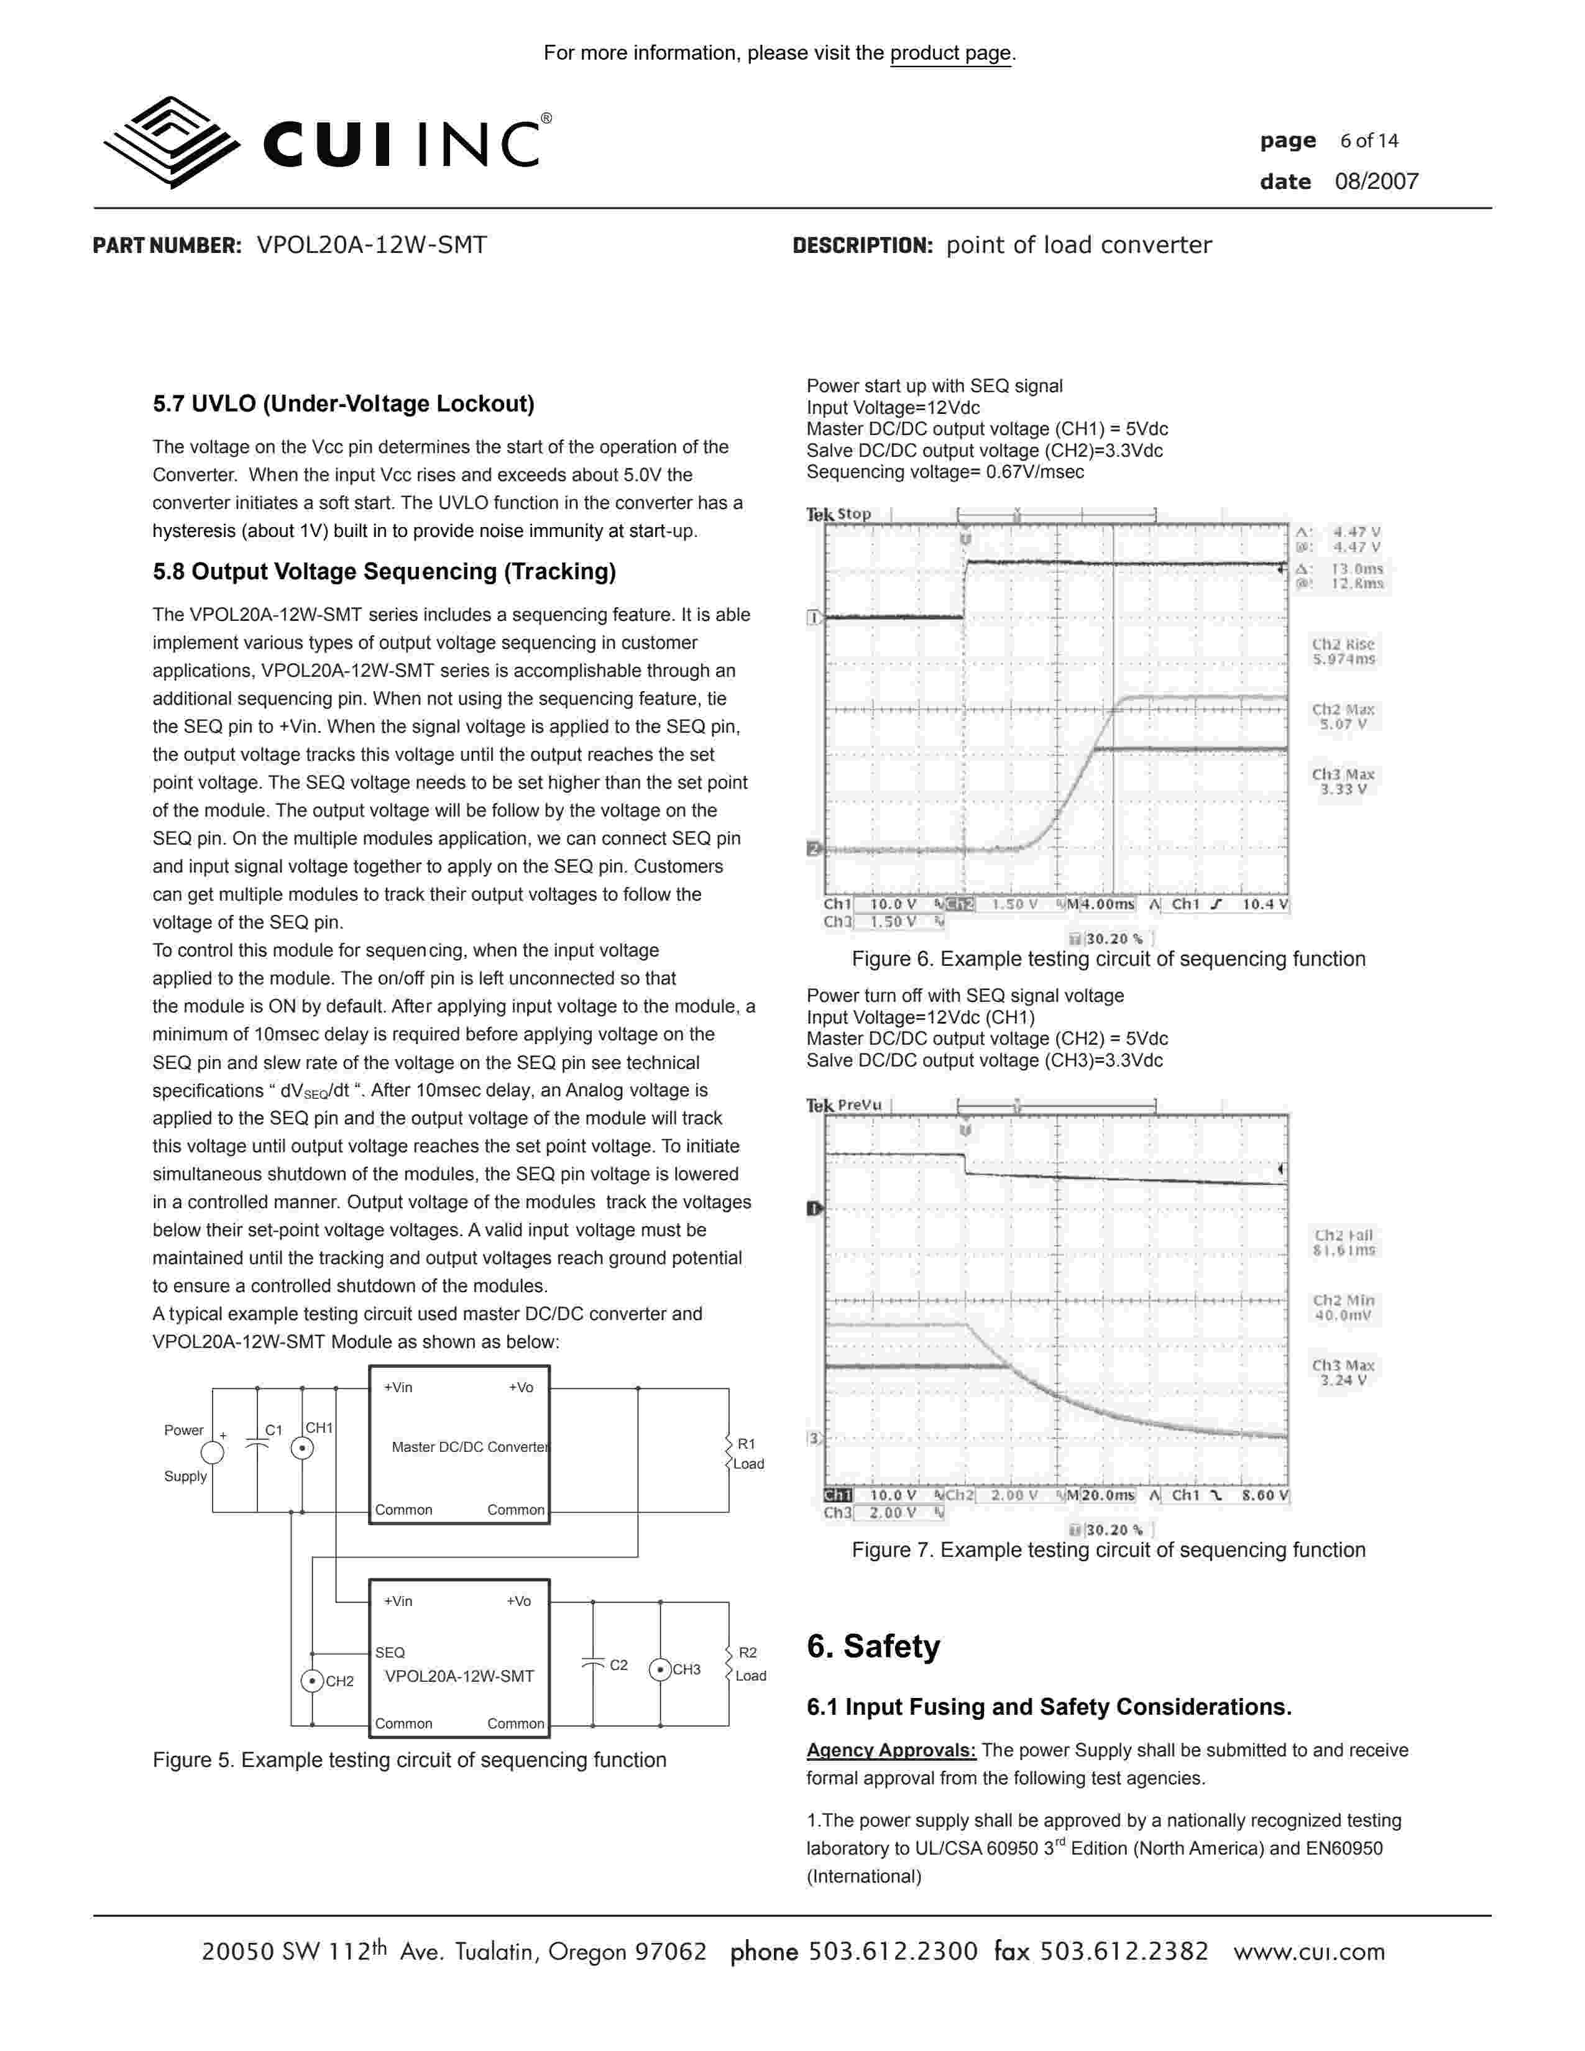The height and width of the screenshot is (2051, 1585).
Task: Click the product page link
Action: tap(950, 53)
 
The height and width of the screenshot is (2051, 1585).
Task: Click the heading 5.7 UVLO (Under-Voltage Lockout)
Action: tap(344, 404)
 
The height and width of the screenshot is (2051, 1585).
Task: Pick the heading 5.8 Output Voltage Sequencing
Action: tap(384, 572)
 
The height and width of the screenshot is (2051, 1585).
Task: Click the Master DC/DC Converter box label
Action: tap(469, 1447)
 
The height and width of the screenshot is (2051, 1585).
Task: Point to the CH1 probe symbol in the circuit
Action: tap(301, 1448)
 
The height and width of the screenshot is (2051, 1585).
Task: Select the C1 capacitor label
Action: tap(273, 1430)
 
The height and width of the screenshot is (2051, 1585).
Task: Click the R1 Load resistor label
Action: tap(747, 1453)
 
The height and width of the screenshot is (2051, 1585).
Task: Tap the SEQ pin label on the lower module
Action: tap(390, 1653)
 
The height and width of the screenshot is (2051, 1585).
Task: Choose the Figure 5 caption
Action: tap(410, 1760)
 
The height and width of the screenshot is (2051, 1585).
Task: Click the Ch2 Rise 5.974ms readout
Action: tap(1343, 652)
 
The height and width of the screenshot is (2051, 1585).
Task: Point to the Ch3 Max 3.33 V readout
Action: tap(1343, 781)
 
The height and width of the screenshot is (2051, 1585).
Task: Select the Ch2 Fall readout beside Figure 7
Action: tap(1343, 1242)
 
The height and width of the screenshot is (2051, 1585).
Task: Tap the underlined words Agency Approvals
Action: tap(891, 1750)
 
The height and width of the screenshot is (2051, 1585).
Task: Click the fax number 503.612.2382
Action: tap(1123, 1952)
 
